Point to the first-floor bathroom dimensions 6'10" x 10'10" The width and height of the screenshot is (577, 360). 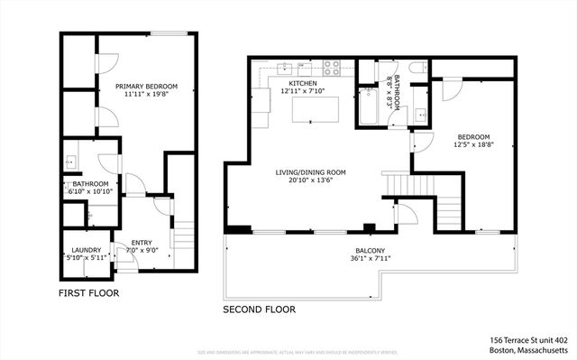pos(90,191)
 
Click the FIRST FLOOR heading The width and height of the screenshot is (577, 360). pos(88,293)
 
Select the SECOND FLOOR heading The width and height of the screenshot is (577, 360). pos(259,309)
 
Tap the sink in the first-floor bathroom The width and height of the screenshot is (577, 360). pos(70,162)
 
